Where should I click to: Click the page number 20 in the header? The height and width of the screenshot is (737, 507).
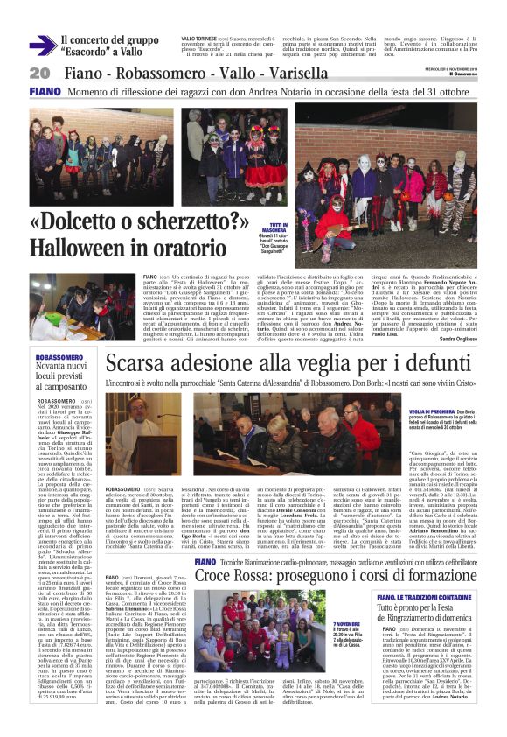(x=39, y=72)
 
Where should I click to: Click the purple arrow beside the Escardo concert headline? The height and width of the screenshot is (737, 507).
(x=41, y=46)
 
